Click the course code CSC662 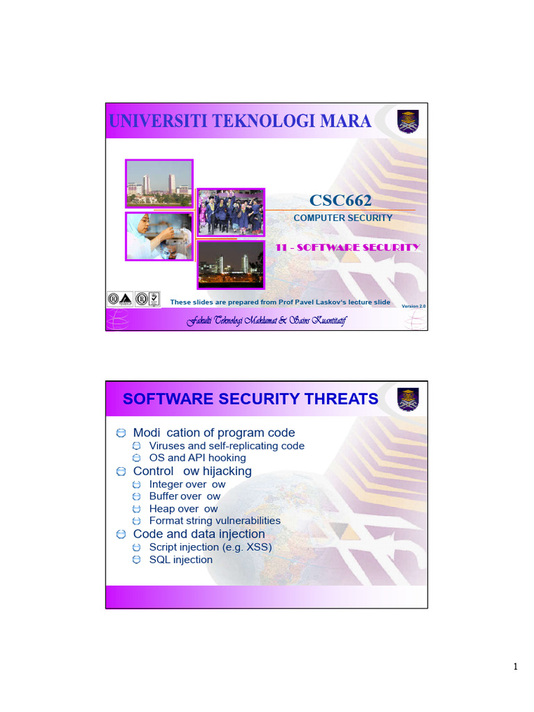coord(340,201)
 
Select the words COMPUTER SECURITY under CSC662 coord(343,218)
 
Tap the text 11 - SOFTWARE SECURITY coord(348,247)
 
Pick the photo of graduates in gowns coord(230,212)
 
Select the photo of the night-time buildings coord(230,264)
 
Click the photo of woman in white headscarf coord(159,236)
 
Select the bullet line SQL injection coord(181,560)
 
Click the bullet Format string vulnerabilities coord(215,521)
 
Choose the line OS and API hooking coord(197,458)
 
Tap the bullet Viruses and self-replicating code coord(227,446)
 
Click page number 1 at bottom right coord(515,667)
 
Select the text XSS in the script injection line coord(257,547)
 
